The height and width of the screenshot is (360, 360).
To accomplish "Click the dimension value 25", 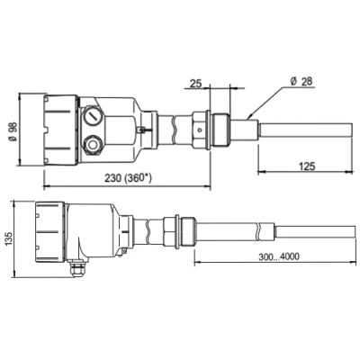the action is pyautogui.click(x=196, y=84).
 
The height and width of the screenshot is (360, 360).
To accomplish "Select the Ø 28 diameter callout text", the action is pyautogui.click(x=301, y=81).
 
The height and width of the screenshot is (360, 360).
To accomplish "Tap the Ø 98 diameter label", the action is pyautogui.click(x=12, y=131).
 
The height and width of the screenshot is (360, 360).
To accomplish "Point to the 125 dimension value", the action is pyautogui.click(x=307, y=166).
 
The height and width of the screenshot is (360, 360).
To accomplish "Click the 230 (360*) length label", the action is pyautogui.click(x=128, y=178).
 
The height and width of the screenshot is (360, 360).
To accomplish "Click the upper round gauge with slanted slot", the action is pyautogui.click(x=93, y=116).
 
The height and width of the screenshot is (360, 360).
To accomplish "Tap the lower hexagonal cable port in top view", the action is pyautogui.click(x=93, y=145).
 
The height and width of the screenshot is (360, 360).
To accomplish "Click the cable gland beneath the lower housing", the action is pyautogui.click(x=77, y=269).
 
